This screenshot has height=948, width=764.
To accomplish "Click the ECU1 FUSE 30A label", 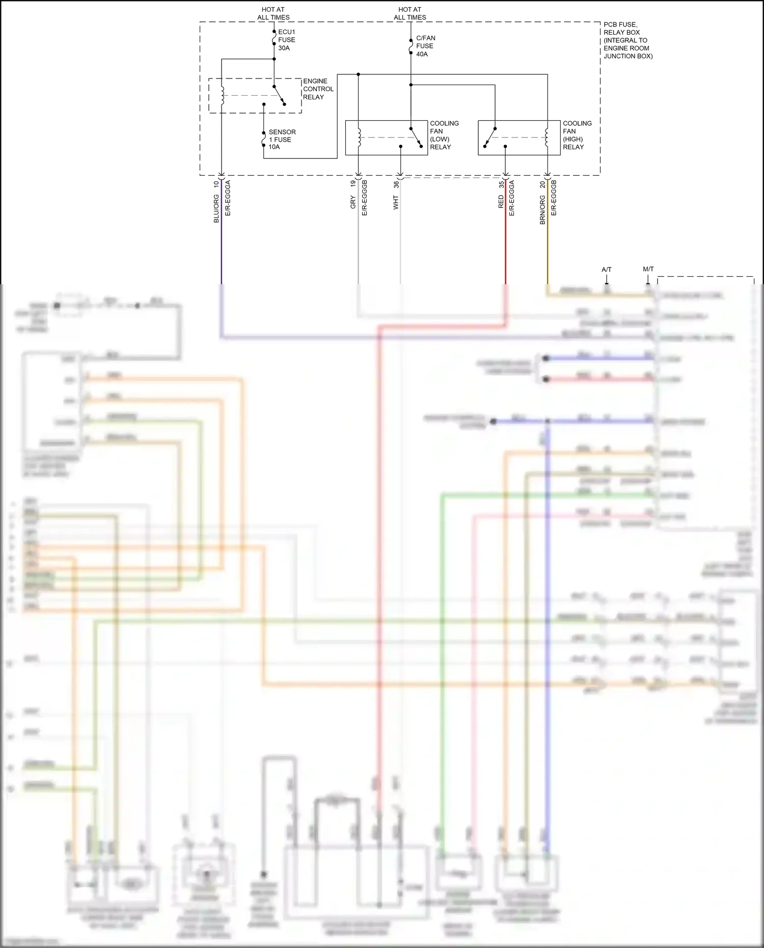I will [286, 40].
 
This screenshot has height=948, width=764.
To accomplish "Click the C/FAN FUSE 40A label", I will [425, 46].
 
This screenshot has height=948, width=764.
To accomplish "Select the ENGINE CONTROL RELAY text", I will [318, 89].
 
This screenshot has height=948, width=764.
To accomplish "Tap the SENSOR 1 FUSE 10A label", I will [282, 139].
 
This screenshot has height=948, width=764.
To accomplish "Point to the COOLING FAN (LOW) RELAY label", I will [444, 135].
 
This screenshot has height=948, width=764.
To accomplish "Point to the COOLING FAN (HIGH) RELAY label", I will [577, 135].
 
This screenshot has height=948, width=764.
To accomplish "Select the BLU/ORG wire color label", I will [216, 208].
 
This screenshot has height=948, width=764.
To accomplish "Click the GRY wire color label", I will [353, 202].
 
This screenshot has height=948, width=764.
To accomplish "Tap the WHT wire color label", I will [396, 203].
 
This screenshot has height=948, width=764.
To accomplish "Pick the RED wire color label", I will [501, 202].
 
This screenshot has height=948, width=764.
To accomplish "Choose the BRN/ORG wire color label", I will [542, 209].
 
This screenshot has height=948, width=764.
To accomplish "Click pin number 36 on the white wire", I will [396, 184].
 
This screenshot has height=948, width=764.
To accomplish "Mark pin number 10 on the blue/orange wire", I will [216, 184].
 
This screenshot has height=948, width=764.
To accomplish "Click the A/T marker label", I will [606, 269].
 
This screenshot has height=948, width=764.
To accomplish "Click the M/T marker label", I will [648, 269].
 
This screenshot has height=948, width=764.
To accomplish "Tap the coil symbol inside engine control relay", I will [223, 95].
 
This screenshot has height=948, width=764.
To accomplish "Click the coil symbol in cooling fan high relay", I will [547, 137].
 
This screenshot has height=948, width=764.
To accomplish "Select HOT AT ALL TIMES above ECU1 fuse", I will [273, 13].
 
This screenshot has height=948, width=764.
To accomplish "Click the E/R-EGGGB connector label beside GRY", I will [364, 198].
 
